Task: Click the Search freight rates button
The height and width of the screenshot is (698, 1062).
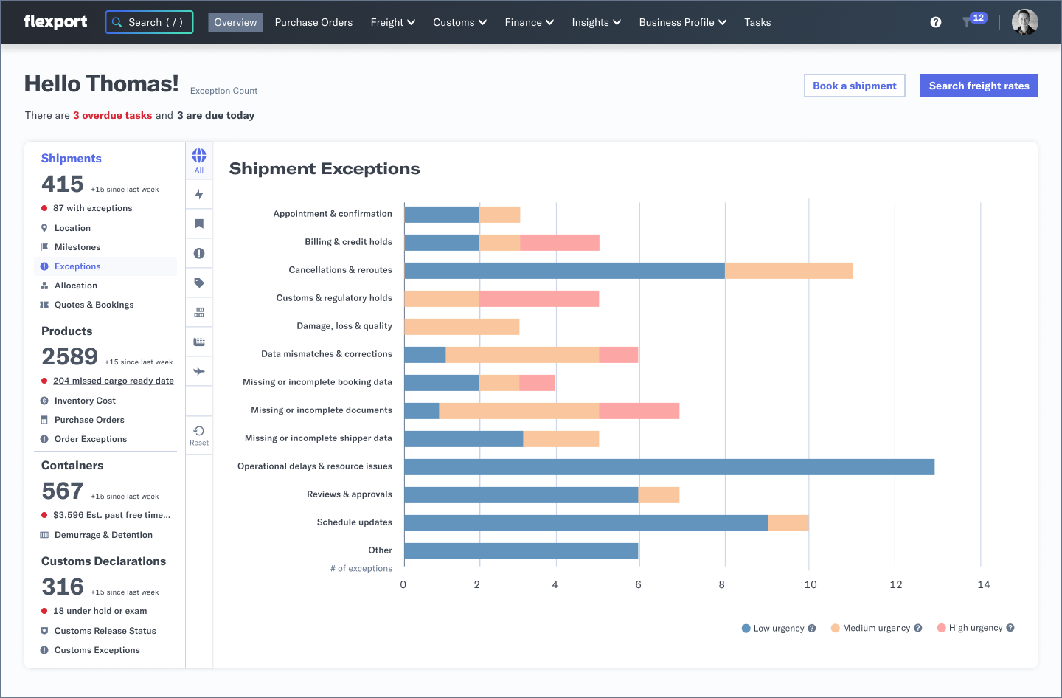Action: coord(979,86)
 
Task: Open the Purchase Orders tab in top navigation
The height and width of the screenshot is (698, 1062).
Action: coord(313,22)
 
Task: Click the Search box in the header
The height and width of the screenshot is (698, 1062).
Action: coord(150,22)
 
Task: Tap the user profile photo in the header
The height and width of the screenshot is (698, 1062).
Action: coord(1024,22)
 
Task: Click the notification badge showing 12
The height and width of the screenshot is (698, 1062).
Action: coord(977,18)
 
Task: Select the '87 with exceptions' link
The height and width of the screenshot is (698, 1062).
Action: coord(92,208)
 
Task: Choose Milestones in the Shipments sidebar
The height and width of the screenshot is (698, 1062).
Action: coord(77,247)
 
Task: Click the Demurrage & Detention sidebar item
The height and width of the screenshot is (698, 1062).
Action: coord(103,535)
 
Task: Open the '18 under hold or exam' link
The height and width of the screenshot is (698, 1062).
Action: coord(100,611)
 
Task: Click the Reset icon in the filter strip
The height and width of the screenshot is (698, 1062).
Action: coord(199,435)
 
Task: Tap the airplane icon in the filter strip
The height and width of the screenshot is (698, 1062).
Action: coord(199,371)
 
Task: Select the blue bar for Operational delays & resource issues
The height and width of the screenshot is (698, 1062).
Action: coord(669,467)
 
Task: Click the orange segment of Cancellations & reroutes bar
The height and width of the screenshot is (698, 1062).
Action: coord(788,271)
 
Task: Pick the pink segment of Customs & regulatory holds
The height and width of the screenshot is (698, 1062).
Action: coord(539,299)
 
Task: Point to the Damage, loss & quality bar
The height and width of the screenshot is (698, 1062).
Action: coord(462,327)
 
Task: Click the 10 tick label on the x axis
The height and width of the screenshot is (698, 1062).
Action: coord(810,584)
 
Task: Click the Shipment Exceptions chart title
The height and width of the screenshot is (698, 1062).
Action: coord(324,169)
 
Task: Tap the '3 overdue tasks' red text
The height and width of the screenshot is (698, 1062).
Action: coord(112,115)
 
